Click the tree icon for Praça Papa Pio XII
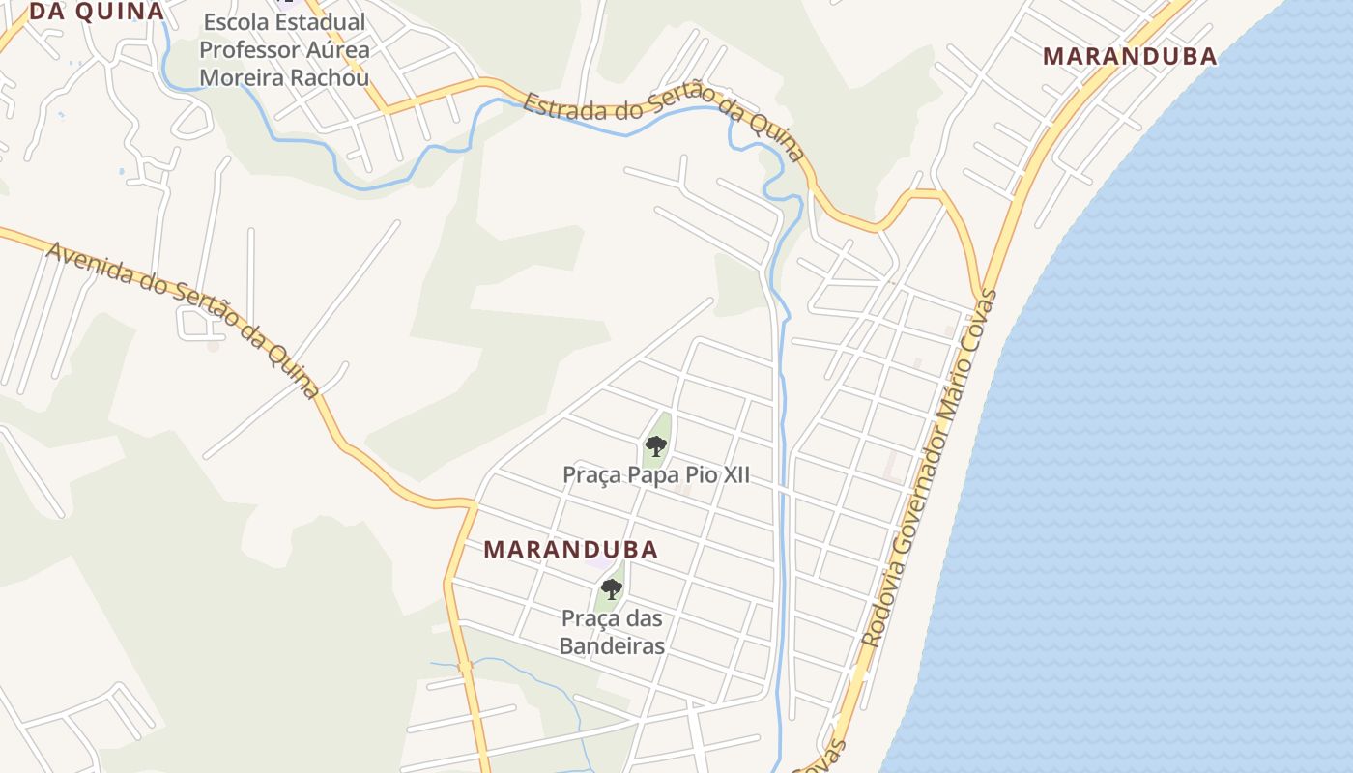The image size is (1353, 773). pos(656,445)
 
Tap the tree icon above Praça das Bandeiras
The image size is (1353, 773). pos(611,588)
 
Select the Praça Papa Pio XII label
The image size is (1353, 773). pos(656,475)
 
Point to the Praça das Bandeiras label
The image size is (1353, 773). pos(612,632)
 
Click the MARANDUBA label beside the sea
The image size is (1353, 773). pos(1130,56)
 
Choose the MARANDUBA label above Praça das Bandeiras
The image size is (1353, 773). pos(570,550)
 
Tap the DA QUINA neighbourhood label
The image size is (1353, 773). pos(97,12)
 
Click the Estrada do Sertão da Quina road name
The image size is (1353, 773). pos(665,123)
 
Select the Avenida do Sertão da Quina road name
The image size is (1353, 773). pos(183,318)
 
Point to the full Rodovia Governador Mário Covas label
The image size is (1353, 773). pos(931,469)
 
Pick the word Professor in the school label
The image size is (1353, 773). pos(245,49)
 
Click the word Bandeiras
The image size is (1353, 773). pos(612,645)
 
